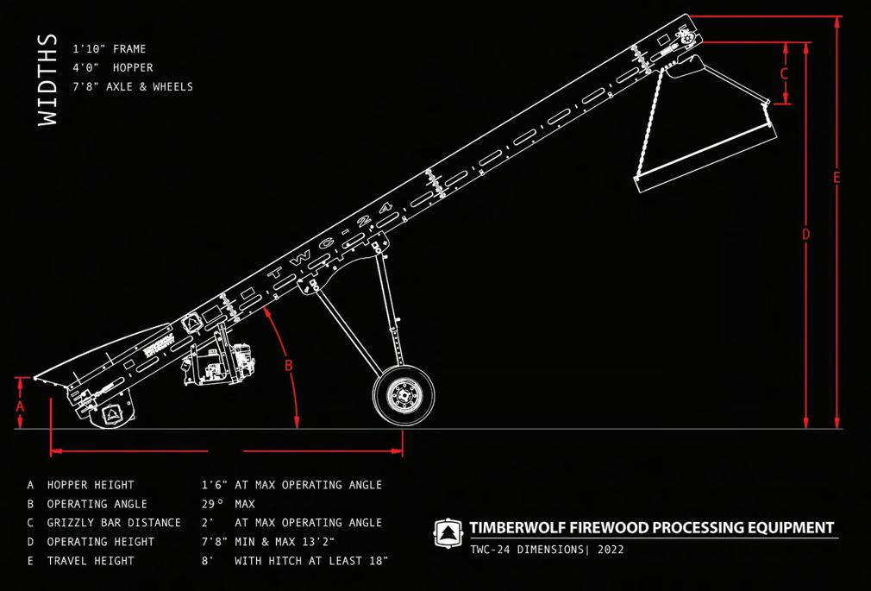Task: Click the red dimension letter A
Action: point(21,404)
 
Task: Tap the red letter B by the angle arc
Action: point(289,365)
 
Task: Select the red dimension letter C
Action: point(784,74)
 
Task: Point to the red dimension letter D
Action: point(805,234)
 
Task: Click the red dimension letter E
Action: point(837,178)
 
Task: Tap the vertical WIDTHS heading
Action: point(48,80)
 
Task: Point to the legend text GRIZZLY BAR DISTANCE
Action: point(114,523)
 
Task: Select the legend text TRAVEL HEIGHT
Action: point(91,561)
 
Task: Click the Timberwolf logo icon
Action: point(448,530)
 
